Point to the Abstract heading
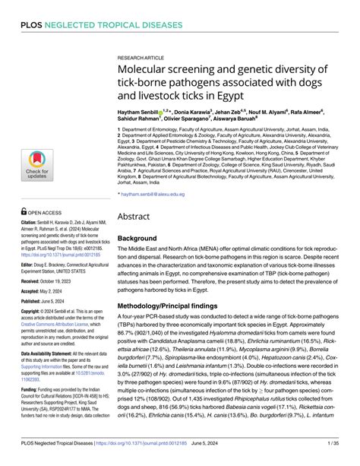136,195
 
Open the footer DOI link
163,453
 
